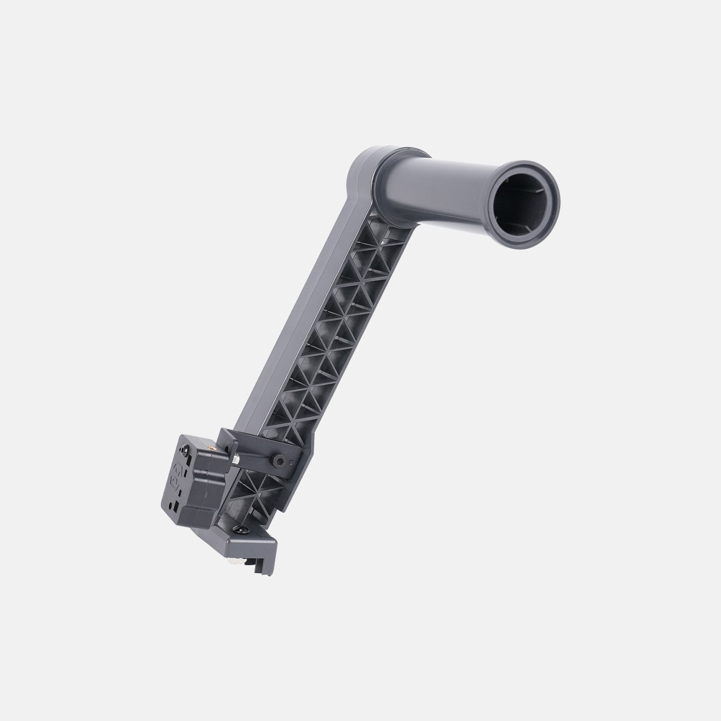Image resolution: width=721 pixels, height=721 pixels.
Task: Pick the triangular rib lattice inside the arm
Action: (337, 313)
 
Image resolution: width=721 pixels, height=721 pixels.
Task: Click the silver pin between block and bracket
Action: (237, 458)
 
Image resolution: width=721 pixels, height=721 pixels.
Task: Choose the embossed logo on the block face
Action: (176, 476)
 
